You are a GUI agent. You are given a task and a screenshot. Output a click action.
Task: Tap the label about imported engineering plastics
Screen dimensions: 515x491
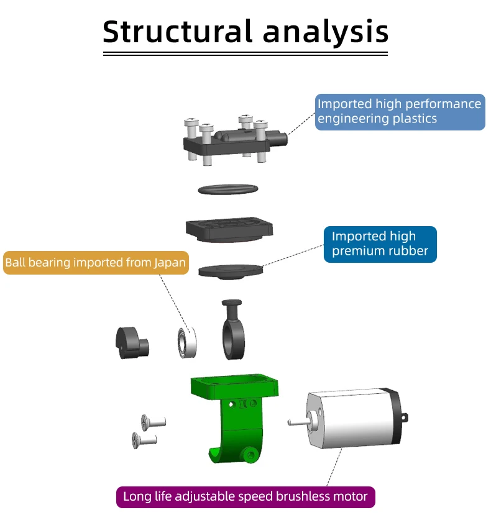(x=400, y=111)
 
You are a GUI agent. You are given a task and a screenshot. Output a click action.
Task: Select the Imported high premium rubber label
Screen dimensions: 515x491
(x=380, y=244)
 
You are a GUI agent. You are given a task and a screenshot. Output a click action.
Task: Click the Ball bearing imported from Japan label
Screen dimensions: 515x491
(x=95, y=262)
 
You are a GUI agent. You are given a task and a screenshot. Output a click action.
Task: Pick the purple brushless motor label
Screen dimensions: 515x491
(x=245, y=496)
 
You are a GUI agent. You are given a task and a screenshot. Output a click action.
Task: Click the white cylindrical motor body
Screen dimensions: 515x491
(x=348, y=419)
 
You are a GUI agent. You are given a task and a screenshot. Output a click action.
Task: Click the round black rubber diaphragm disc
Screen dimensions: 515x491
(x=230, y=269)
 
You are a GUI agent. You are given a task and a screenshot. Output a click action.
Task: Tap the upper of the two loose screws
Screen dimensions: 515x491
(x=153, y=421)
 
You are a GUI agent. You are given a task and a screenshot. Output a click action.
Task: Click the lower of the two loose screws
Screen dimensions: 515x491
(x=144, y=440)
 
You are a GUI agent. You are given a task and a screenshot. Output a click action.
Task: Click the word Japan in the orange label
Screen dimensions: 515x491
(x=170, y=262)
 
